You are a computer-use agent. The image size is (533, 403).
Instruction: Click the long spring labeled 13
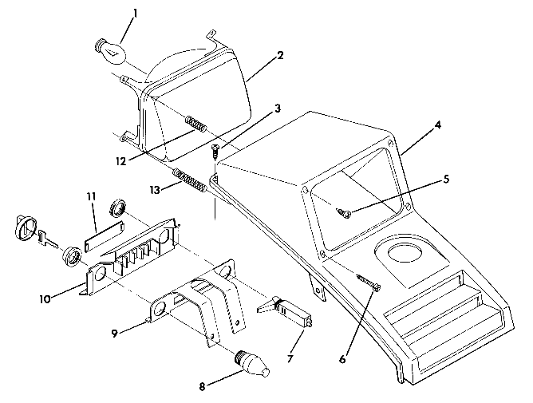tap(191, 180)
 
